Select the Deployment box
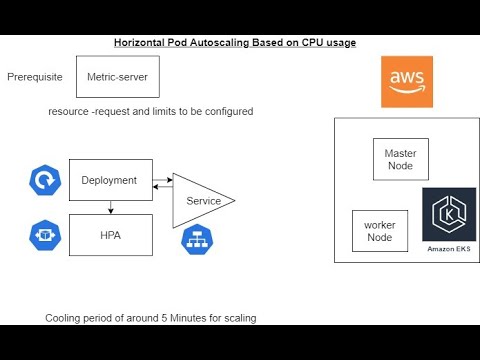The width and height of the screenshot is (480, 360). tap(110, 180)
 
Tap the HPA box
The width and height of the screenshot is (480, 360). tap(110, 235)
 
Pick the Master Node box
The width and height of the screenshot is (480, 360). tap(400, 159)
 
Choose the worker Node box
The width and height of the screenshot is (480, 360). tap(379, 231)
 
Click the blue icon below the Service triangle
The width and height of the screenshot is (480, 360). tap(197, 240)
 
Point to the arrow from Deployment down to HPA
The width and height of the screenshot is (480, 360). tap(110, 207)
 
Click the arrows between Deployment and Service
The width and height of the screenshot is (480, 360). tap(163, 184)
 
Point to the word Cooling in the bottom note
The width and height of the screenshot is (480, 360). tap(65, 318)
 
